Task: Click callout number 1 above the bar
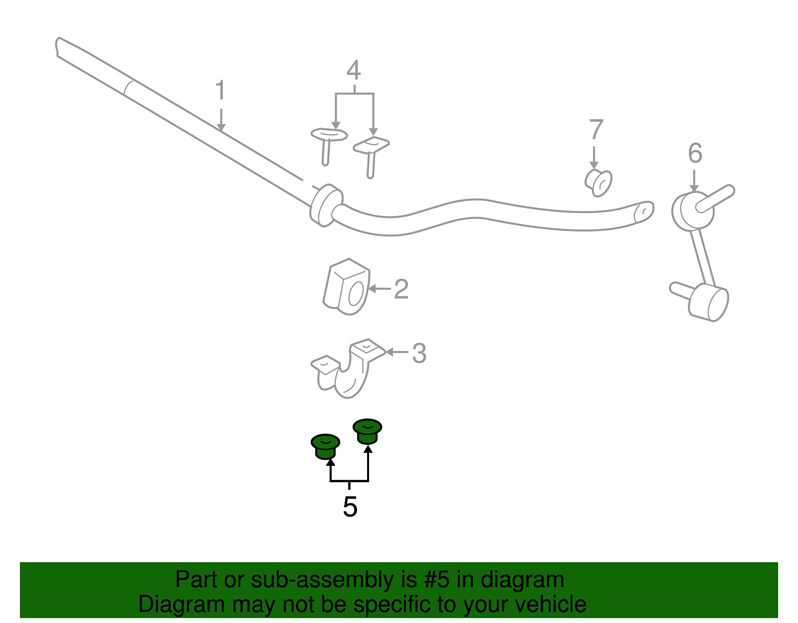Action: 220,90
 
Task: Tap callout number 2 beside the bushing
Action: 401,289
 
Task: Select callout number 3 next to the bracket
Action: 419,353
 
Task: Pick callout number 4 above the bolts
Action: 354,70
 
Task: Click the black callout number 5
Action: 350,507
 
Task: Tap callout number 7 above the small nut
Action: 596,129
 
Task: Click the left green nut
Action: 325,446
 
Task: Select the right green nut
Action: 367,431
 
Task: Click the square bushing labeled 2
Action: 347,287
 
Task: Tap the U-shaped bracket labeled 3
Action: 348,368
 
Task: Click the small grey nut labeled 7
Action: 598,183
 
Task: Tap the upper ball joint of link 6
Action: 693,211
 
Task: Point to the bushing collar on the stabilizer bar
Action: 326,205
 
